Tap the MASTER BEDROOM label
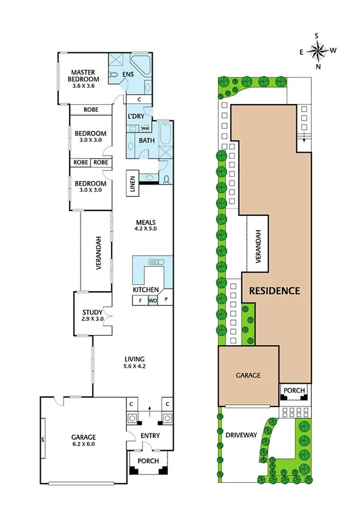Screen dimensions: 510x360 [x=82, y=76]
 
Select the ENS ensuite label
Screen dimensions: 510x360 [x=129, y=75]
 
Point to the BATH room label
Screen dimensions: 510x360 [x=147, y=141]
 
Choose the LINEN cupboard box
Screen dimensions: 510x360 [x=132, y=183]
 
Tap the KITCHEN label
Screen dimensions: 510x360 [x=145, y=290]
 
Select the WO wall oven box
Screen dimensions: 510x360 [x=153, y=300]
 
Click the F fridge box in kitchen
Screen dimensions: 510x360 [x=140, y=300]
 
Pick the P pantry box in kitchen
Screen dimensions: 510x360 [x=166, y=300]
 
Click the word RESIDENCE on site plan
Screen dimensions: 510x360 [x=274, y=290]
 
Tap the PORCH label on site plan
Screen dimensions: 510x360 [x=294, y=391]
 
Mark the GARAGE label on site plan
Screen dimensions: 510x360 [x=248, y=375]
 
